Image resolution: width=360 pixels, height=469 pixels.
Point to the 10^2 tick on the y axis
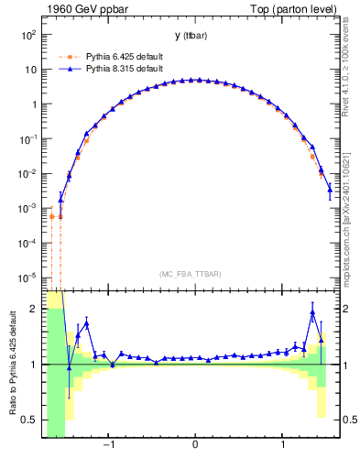(x=28, y=35)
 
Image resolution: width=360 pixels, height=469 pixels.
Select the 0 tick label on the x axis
(x=195, y=445)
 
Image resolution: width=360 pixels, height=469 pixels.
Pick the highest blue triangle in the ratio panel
(x=312, y=312)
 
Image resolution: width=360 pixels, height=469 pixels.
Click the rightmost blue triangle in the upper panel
(x=330, y=189)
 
